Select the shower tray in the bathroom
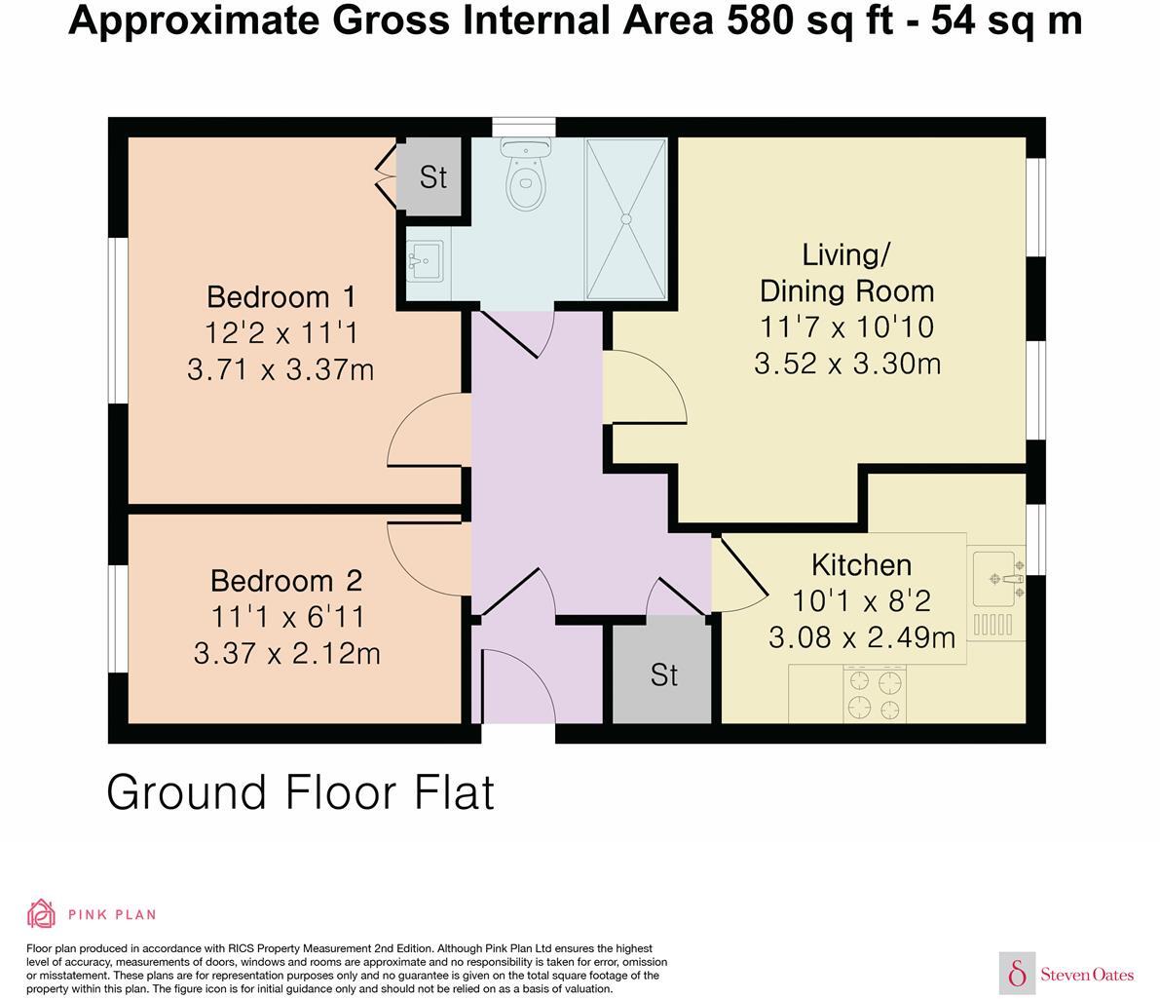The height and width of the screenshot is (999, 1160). [x=626, y=218]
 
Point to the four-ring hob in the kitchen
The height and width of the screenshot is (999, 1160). [x=874, y=693]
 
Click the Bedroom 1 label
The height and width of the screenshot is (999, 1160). [x=281, y=296]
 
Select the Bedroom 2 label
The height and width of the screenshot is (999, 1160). [x=286, y=581]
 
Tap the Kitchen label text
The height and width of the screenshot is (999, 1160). [x=861, y=565]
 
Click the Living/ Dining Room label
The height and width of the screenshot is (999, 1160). [x=846, y=273]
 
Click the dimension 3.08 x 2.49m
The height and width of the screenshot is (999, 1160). [x=861, y=638]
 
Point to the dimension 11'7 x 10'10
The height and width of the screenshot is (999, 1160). [x=846, y=327]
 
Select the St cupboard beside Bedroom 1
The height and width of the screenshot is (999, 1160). [x=432, y=177]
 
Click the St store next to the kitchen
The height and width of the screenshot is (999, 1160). [x=663, y=674]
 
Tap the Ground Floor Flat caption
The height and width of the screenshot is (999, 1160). [x=300, y=792]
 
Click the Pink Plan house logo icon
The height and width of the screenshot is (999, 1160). [x=41, y=914]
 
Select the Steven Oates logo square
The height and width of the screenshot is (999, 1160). [x=1017, y=973]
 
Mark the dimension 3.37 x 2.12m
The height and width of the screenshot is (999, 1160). [x=286, y=653]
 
